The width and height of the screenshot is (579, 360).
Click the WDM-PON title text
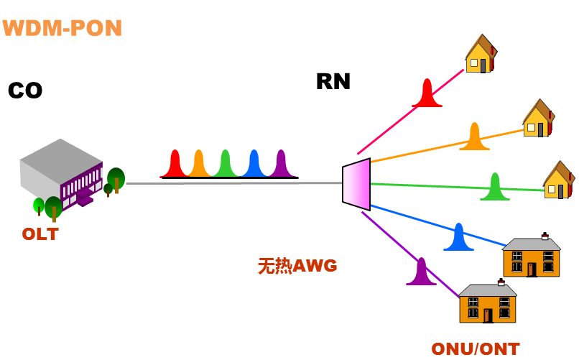tap(62, 28)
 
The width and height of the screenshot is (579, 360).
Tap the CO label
tap(25, 91)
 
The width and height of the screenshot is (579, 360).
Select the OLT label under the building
tap(40, 234)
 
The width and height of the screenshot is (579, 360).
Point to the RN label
tap(333, 82)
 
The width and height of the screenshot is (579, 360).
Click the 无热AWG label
tap(297, 266)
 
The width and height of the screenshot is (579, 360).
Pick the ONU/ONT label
tap(475, 349)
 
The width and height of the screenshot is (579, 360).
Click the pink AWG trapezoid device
tap(356, 185)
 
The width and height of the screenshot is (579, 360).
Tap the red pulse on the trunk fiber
tap(175, 165)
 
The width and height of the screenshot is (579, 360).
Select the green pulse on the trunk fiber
tap(226, 165)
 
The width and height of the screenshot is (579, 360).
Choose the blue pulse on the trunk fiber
tap(253, 165)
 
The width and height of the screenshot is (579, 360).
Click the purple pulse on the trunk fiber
tap(280, 165)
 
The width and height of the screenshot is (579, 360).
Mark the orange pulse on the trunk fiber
tap(199, 165)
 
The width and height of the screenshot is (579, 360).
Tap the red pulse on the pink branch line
tap(427, 96)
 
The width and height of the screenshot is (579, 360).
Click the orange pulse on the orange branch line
tap(474, 139)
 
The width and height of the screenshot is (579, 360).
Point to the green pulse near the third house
tap(495, 189)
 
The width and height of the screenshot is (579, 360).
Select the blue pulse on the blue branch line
tap(458, 239)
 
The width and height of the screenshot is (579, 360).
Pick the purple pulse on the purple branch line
tap(421, 274)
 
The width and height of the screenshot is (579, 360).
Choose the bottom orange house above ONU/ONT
tap(488, 303)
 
